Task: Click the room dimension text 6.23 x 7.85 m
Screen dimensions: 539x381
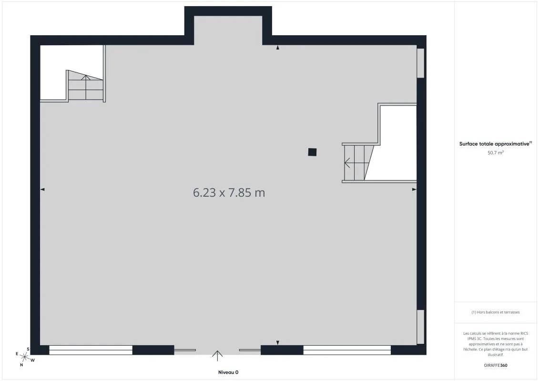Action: [229, 192]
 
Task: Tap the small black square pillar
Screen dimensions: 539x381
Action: [312, 152]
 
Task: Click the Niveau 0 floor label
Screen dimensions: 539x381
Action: [228, 372]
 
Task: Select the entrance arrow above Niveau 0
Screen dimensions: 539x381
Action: [217, 356]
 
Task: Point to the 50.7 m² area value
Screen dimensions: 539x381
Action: [495, 152]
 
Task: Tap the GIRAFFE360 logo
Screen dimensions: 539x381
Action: [495, 365]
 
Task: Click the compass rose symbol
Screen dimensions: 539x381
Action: [24, 357]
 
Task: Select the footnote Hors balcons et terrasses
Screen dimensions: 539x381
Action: [495, 312]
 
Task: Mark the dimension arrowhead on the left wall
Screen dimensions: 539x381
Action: [42, 189]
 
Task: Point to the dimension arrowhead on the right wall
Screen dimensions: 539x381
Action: [414, 189]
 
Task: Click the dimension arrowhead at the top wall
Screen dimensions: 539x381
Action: [278, 48]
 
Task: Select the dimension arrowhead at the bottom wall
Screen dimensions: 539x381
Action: [278, 342]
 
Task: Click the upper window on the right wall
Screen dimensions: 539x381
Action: [420, 63]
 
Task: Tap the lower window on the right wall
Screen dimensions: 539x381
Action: [420, 327]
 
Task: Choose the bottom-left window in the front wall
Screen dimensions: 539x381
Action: [91, 350]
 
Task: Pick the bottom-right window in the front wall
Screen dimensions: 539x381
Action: [347, 350]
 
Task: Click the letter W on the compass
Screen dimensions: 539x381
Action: [33, 361]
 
